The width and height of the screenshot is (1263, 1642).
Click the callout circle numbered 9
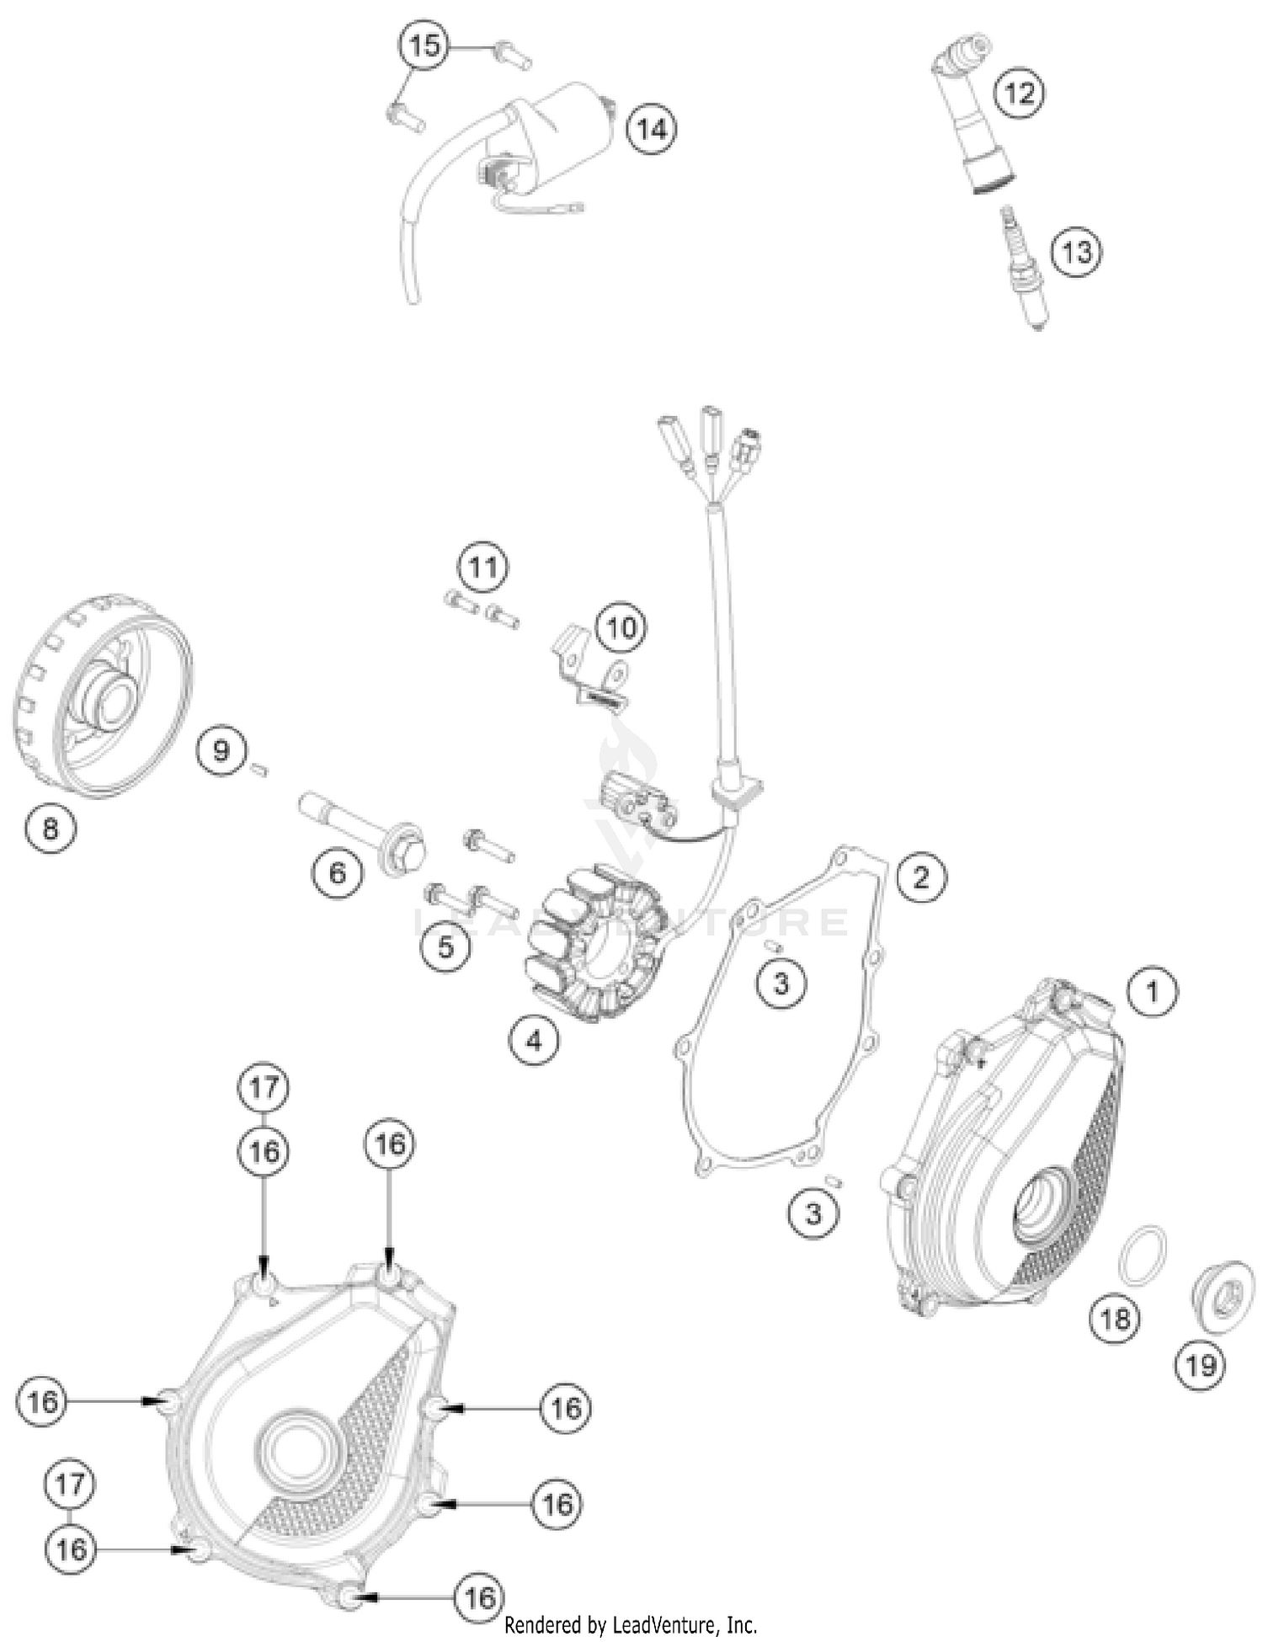point(221,749)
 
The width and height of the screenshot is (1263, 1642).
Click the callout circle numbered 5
point(445,946)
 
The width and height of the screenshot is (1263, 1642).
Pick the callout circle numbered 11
point(483,568)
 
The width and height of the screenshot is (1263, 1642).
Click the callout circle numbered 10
point(621,627)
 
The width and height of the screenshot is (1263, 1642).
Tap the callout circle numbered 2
point(921,877)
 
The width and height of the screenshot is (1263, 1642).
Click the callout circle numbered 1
point(1152,991)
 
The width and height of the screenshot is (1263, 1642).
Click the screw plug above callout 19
point(1222,1302)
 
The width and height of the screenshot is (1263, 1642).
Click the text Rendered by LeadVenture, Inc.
point(631,1624)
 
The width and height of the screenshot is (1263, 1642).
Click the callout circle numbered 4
point(534,1041)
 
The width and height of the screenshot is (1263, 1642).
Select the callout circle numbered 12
point(1020,93)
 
